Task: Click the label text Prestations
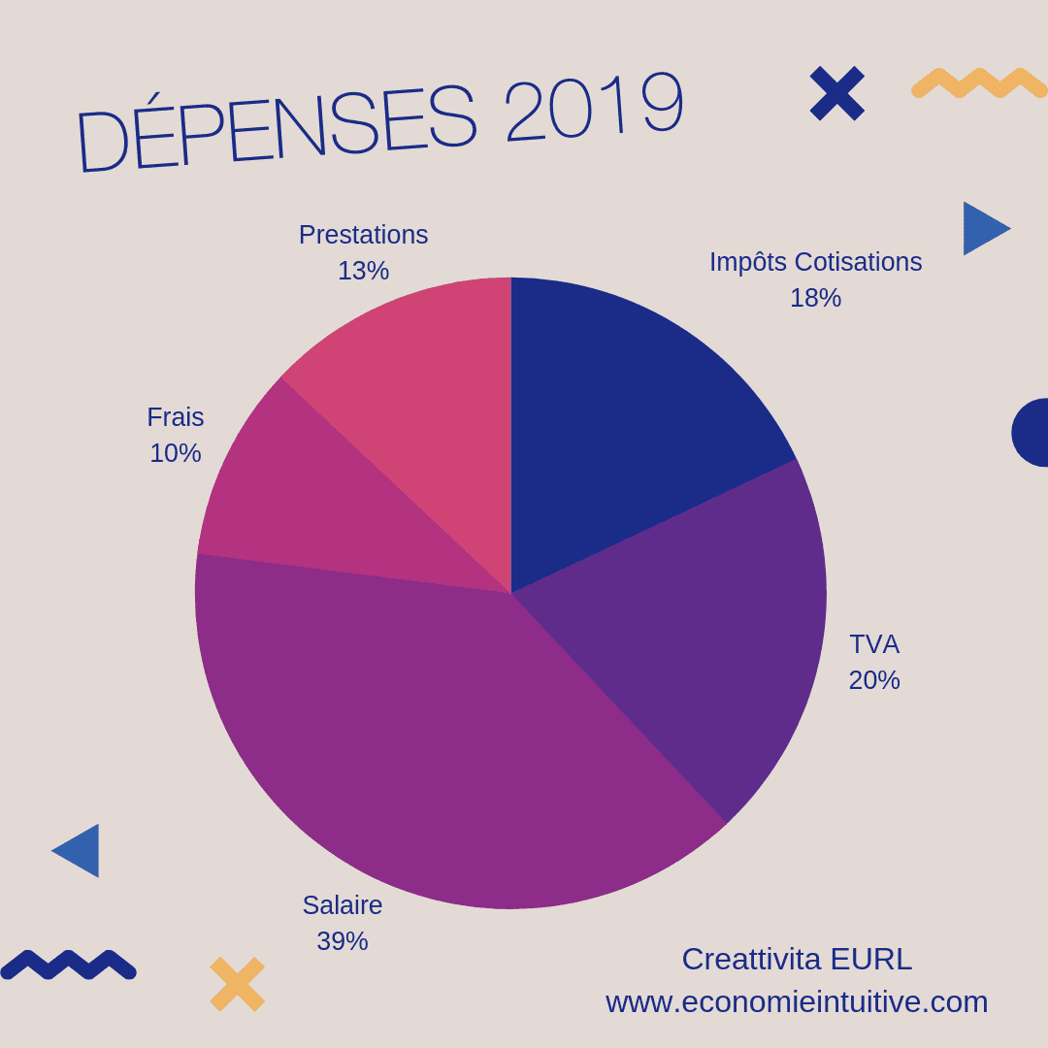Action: [x=363, y=235]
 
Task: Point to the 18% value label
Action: [x=815, y=298]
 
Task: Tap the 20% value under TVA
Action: [x=874, y=680]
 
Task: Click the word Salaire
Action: [x=343, y=905]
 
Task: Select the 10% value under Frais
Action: [x=176, y=453]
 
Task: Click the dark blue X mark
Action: [x=836, y=93]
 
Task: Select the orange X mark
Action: [x=238, y=984]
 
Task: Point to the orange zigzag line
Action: [x=978, y=83]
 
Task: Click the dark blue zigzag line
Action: [x=68, y=965]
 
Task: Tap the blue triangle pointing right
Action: [x=982, y=229]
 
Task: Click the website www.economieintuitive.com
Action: [x=797, y=1001]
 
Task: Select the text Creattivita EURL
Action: [x=797, y=959]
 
